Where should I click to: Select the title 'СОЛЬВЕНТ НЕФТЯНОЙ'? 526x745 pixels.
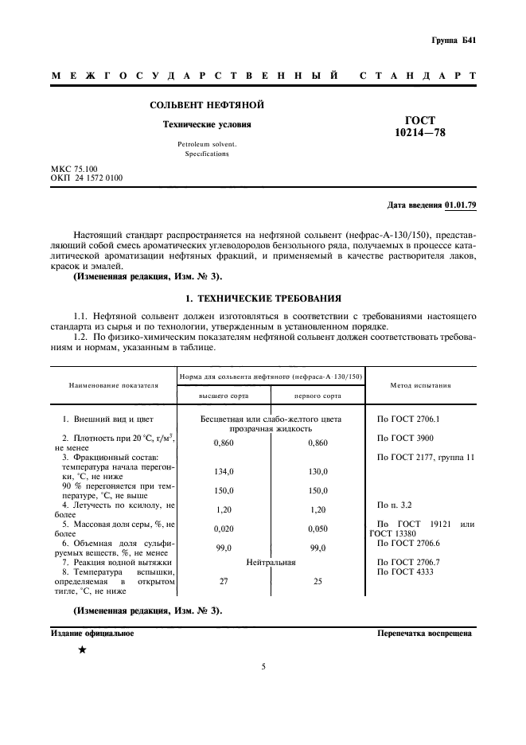[x=207, y=105]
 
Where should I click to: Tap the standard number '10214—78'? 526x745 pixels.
[x=420, y=133]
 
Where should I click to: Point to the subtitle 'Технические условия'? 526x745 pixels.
[x=207, y=125]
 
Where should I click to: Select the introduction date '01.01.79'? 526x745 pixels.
[x=460, y=205]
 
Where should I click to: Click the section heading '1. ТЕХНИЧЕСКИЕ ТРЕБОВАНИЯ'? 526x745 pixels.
[x=263, y=298]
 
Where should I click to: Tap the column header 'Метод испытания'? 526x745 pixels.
[x=420, y=384]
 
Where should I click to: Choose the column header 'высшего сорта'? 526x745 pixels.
[x=224, y=395]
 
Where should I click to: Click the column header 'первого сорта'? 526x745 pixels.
[x=318, y=395]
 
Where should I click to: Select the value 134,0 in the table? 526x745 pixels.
[x=224, y=471]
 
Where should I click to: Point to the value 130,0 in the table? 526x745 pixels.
[x=318, y=471]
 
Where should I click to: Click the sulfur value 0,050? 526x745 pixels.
[x=318, y=527]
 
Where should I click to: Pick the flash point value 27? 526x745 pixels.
[x=224, y=582]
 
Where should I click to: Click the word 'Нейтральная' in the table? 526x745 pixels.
[x=271, y=562]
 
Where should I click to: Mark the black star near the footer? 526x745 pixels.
[x=81, y=650]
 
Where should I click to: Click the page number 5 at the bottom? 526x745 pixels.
[x=263, y=690]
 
